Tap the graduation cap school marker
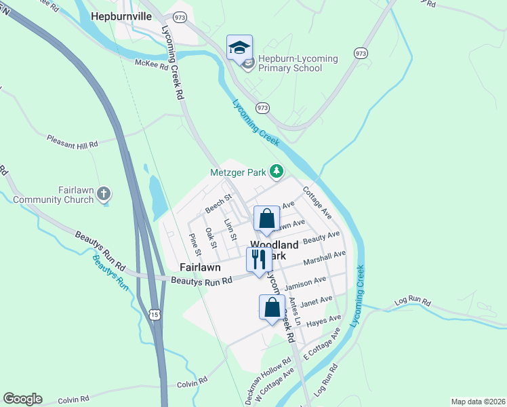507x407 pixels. tap(239, 47)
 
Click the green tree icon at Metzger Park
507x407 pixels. tap(277, 172)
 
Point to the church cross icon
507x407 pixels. tap(103, 195)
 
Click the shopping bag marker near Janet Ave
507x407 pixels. tap(272, 307)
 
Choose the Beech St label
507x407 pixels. tap(219, 203)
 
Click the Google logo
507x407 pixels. tap(22, 399)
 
